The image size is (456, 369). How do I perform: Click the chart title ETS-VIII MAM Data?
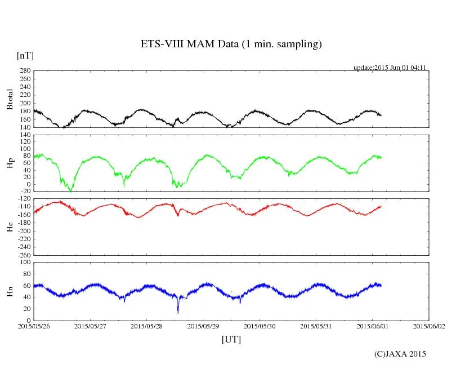click(x=231, y=45)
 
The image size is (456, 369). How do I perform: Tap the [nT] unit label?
click(x=25, y=55)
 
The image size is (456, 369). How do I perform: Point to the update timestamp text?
click(x=389, y=68)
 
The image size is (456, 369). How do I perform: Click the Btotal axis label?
click(x=10, y=99)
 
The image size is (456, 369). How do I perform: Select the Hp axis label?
click(x=10, y=163)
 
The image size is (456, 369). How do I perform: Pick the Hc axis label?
click(x=10, y=227)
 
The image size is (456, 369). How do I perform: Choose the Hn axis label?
click(x=10, y=291)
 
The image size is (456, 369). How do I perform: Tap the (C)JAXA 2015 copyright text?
click(x=400, y=354)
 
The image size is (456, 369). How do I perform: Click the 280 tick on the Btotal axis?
click(x=24, y=71)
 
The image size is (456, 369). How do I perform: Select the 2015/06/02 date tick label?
click(x=429, y=326)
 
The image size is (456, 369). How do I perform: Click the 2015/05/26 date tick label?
click(x=34, y=326)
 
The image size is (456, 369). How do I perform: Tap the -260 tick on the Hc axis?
click(x=23, y=255)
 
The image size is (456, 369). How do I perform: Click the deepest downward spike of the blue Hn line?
click(x=178, y=313)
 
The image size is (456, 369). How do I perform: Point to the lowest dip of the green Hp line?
click(x=70, y=192)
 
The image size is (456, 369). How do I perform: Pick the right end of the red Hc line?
click(x=381, y=206)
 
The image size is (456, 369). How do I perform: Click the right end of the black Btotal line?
click(x=381, y=115)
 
